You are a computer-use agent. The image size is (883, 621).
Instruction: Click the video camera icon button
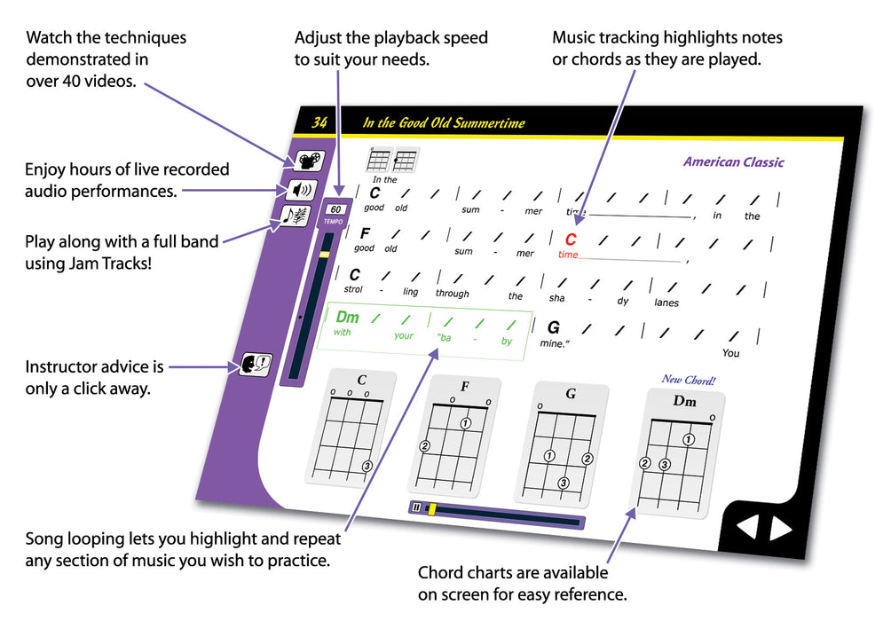[x=310, y=161]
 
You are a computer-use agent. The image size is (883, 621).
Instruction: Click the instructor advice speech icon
[x=256, y=364]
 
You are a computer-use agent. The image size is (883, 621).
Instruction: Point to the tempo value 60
[x=334, y=210]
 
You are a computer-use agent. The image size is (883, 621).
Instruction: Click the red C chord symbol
[x=571, y=240]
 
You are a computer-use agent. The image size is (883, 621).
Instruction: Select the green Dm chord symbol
[x=347, y=317]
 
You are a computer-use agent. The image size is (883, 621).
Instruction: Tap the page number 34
[x=319, y=122]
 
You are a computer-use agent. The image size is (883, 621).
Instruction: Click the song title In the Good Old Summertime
[x=444, y=123]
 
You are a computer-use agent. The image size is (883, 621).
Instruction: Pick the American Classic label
[x=733, y=162]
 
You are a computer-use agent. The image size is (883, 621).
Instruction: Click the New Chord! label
[x=689, y=380]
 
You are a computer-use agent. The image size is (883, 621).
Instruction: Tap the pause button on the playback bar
[x=416, y=507]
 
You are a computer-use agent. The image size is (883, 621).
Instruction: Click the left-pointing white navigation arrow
[x=748, y=529]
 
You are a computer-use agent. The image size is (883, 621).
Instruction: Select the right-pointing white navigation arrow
[x=780, y=529]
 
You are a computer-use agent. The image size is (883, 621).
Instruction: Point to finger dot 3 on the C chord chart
[x=367, y=466]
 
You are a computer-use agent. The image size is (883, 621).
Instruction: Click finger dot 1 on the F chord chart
[x=465, y=423]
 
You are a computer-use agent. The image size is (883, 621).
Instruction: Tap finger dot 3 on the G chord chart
[x=563, y=483]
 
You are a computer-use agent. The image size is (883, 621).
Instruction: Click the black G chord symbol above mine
[x=554, y=326]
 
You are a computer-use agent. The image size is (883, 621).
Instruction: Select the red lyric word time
[x=568, y=255]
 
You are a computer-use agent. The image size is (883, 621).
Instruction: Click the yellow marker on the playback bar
[x=432, y=509]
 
